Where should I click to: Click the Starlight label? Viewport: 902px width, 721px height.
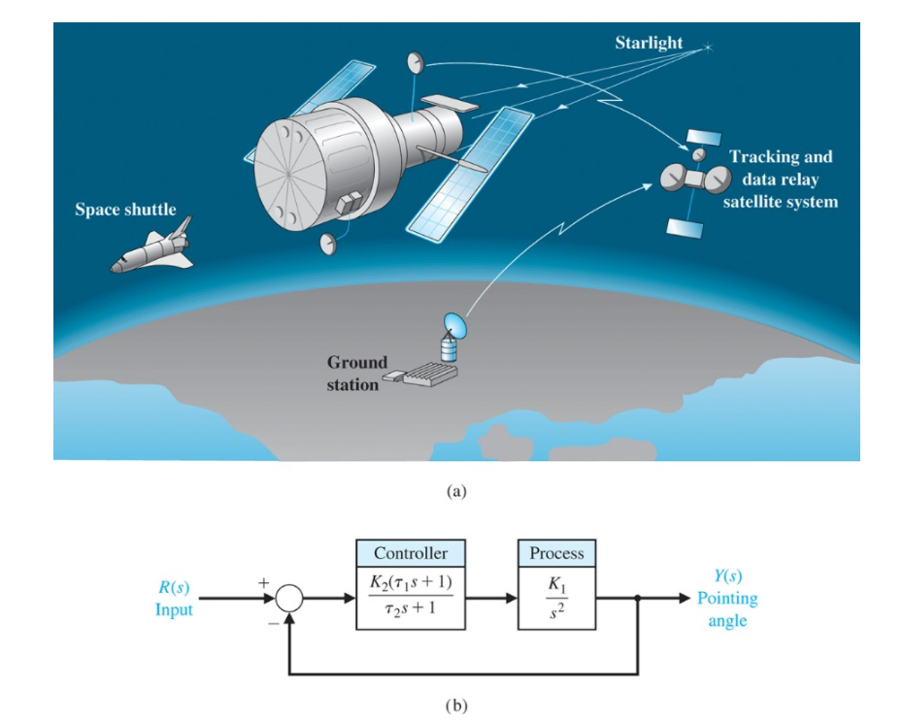click(649, 43)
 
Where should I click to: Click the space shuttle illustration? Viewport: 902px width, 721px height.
click(153, 247)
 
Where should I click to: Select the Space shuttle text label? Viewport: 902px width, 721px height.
click(125, 210)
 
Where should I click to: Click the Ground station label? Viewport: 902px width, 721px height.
click(355, 374)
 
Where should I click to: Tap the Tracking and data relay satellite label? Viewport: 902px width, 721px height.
click(780, 179)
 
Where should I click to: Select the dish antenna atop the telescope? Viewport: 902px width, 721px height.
click(417, 64)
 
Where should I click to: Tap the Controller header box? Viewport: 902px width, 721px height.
click(411, 553)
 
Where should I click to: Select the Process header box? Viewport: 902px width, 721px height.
click(556, 553)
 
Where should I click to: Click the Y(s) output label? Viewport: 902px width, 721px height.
click(727, 576)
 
